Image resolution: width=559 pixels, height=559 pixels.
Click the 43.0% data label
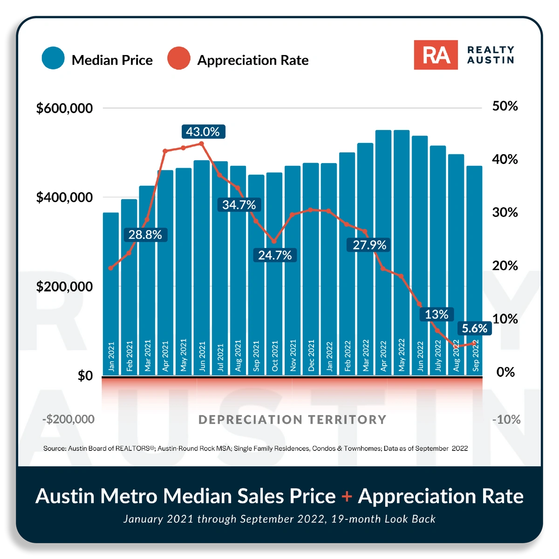pos(203,132)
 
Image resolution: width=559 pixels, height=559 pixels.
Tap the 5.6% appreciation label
pos(474,328)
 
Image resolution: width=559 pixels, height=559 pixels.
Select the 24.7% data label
pos(275,255)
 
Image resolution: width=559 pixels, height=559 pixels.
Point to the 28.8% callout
pos(145,235)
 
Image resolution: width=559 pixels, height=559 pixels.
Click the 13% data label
pos(436,314)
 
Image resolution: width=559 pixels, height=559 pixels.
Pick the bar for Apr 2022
pos(383,252)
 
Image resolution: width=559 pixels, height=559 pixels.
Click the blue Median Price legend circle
pos(53,58)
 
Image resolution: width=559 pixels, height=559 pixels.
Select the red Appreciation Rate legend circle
pos(179,58)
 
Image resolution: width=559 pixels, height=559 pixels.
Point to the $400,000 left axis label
pos(64,198)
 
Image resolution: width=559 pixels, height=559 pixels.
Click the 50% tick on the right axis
pos(505,106)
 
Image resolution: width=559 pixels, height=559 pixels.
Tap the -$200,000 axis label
pos(68,419)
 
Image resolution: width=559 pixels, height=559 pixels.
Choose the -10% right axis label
pos(506,419)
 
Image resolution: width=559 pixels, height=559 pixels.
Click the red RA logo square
pos(436,55)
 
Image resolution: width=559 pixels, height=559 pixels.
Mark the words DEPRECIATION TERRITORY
pos(292,420)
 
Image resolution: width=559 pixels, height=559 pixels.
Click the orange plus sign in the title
pos(347,496)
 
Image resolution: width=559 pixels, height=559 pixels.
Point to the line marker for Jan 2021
pos(111,268)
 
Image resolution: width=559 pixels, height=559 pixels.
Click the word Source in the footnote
pos(54,448)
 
